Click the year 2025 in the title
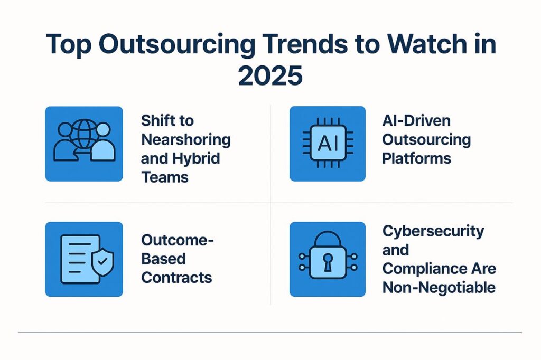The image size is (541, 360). pos(270,75)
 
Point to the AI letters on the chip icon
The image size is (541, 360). pos(328,143)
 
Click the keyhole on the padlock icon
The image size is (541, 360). pos(328,262)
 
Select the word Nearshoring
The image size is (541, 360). pos(186,140)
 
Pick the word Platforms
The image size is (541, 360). pos(417,158)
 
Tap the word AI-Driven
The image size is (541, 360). pos(416,121)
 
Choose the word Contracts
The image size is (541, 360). pos(176,278)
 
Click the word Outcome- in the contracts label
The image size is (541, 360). pos(178,240)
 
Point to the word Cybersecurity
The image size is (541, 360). pos(433,232)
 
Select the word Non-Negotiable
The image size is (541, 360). pos(439,288)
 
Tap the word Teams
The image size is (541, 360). pos(165,177)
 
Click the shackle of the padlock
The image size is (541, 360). pos(328,239)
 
